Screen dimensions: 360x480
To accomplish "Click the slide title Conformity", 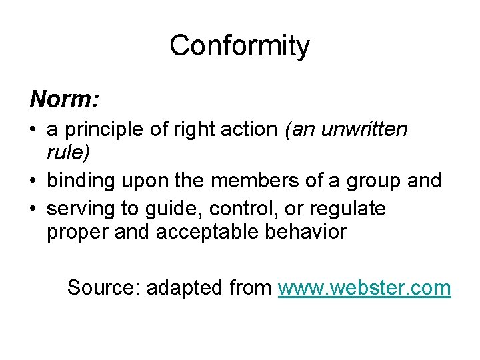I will (x=239, y=46).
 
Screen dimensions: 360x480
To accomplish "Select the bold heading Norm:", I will (x=65, y=99).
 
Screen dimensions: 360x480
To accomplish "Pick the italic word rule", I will (x=67, y=153).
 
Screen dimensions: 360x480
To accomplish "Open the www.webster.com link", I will (x=364, y=288).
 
